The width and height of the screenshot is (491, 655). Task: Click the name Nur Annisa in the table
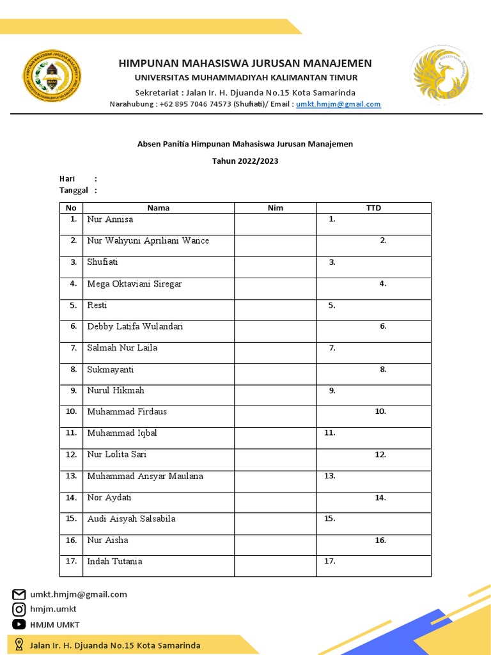click(x=110, y=219)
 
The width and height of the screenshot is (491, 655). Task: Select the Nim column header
click(x=275, y=208)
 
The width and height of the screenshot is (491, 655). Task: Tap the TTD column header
click(x=373, y=208)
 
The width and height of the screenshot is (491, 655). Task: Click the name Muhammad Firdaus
click(x=127, y=412)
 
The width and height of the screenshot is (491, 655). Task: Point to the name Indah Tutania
click(x=114, y=562)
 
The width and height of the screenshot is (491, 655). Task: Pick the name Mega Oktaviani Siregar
click(x=134, y=284)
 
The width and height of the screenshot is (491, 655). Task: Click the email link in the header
click(x=338, y=104)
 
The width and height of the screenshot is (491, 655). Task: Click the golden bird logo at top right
click(x=441, y=75)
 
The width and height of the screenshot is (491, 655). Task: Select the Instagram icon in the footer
click(x=19, y=610)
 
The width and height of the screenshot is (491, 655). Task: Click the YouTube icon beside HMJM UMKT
click(x=19, y=624)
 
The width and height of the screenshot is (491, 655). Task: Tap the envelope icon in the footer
click(x=19, y=594)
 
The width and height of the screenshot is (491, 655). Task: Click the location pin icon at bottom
click(x=19, y=645)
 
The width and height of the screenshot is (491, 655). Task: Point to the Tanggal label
click(x=74, y=191)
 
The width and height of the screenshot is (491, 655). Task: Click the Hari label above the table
click(x=67, y=179)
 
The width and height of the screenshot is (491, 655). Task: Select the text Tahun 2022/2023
click(x=245, y=161)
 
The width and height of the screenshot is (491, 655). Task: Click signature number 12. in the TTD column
click(x=380, y=455)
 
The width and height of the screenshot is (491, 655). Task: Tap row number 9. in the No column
click(x=73, y=390)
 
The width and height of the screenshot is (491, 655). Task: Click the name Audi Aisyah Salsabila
click(x=131, y=519)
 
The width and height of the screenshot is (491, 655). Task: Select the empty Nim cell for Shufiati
click(x=275, y=267)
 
